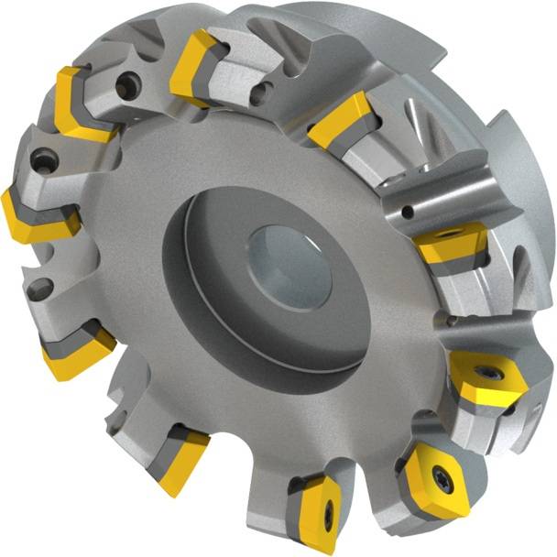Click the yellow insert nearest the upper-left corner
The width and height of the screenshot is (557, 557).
pos(78,101)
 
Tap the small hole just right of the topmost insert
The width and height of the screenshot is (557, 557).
pos(266,89)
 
